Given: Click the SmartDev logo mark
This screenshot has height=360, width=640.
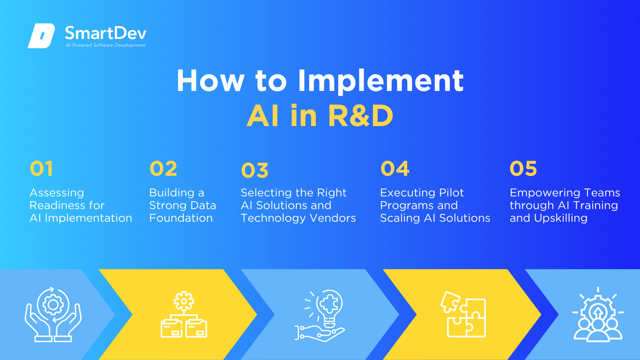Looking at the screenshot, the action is [41, 36].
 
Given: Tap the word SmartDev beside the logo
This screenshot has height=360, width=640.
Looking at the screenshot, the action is [105, 33].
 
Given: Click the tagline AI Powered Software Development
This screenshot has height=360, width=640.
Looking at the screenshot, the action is [105, 45].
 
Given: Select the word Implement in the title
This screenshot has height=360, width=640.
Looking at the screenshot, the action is [380, 82].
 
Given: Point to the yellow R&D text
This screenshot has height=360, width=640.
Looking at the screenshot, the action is [360, 115].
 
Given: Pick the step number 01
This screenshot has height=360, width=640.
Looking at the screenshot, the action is [41, 168].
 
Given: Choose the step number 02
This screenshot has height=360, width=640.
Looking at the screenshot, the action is [163, 168].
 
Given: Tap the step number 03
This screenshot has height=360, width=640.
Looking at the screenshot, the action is [254, 170].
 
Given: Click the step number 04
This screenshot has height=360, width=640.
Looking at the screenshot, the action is [395, 168].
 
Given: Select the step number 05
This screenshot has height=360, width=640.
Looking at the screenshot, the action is [523, 168].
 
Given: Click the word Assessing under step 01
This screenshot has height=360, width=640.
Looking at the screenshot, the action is [57, 193].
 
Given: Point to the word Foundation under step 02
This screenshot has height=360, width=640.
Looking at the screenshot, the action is [181, 218].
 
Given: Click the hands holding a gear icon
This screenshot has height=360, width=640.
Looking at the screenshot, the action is [53, 315].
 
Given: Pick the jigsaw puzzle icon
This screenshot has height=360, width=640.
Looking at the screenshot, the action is [463, 315].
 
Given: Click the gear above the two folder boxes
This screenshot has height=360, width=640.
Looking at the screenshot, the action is [184, 301].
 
